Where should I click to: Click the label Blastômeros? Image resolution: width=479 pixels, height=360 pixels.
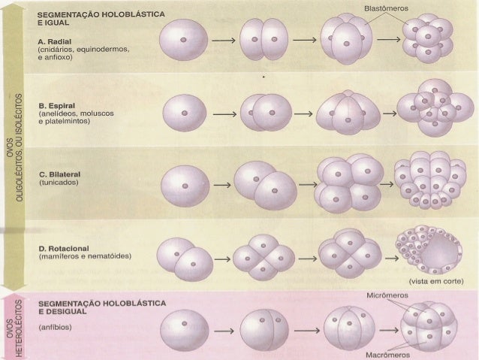click(x=386, y=8)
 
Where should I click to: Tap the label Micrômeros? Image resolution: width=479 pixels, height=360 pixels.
click(x=387, y=295)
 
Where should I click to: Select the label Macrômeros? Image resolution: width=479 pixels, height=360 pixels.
click(x=387, y=355)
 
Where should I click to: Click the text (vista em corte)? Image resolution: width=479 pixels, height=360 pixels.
click(x=436, y=281)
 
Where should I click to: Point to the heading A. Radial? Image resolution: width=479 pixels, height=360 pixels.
click(x=55, y=41)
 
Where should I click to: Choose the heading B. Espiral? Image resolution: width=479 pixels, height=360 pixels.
click(x=57, y=106)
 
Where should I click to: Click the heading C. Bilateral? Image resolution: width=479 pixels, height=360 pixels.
click(x=60, y=174)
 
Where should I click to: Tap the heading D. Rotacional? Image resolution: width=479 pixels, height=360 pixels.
click(x=64, y=248)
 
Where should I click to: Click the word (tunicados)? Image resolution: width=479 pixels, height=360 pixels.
click(x=59, y=183)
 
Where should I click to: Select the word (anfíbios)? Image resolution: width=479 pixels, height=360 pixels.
click(x=56, y=327)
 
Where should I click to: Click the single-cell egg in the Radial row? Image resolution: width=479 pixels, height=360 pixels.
click(x=184, y=40)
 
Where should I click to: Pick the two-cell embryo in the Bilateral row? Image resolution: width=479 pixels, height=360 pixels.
click(x=265, y=185)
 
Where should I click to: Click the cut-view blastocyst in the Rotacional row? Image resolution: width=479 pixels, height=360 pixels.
click(x=429, y=250)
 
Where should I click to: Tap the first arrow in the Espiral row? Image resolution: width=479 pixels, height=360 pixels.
click(x=224, y=114)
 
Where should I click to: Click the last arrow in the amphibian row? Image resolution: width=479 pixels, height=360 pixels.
click(x=389, y=331)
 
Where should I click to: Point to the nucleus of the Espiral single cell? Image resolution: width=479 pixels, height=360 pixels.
click(x=185, y=113)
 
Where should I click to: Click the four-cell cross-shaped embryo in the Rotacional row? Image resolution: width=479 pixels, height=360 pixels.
click(x=264, y=258)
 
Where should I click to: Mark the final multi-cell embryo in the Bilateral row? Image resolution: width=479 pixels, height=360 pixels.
click(x=430, y=180)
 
